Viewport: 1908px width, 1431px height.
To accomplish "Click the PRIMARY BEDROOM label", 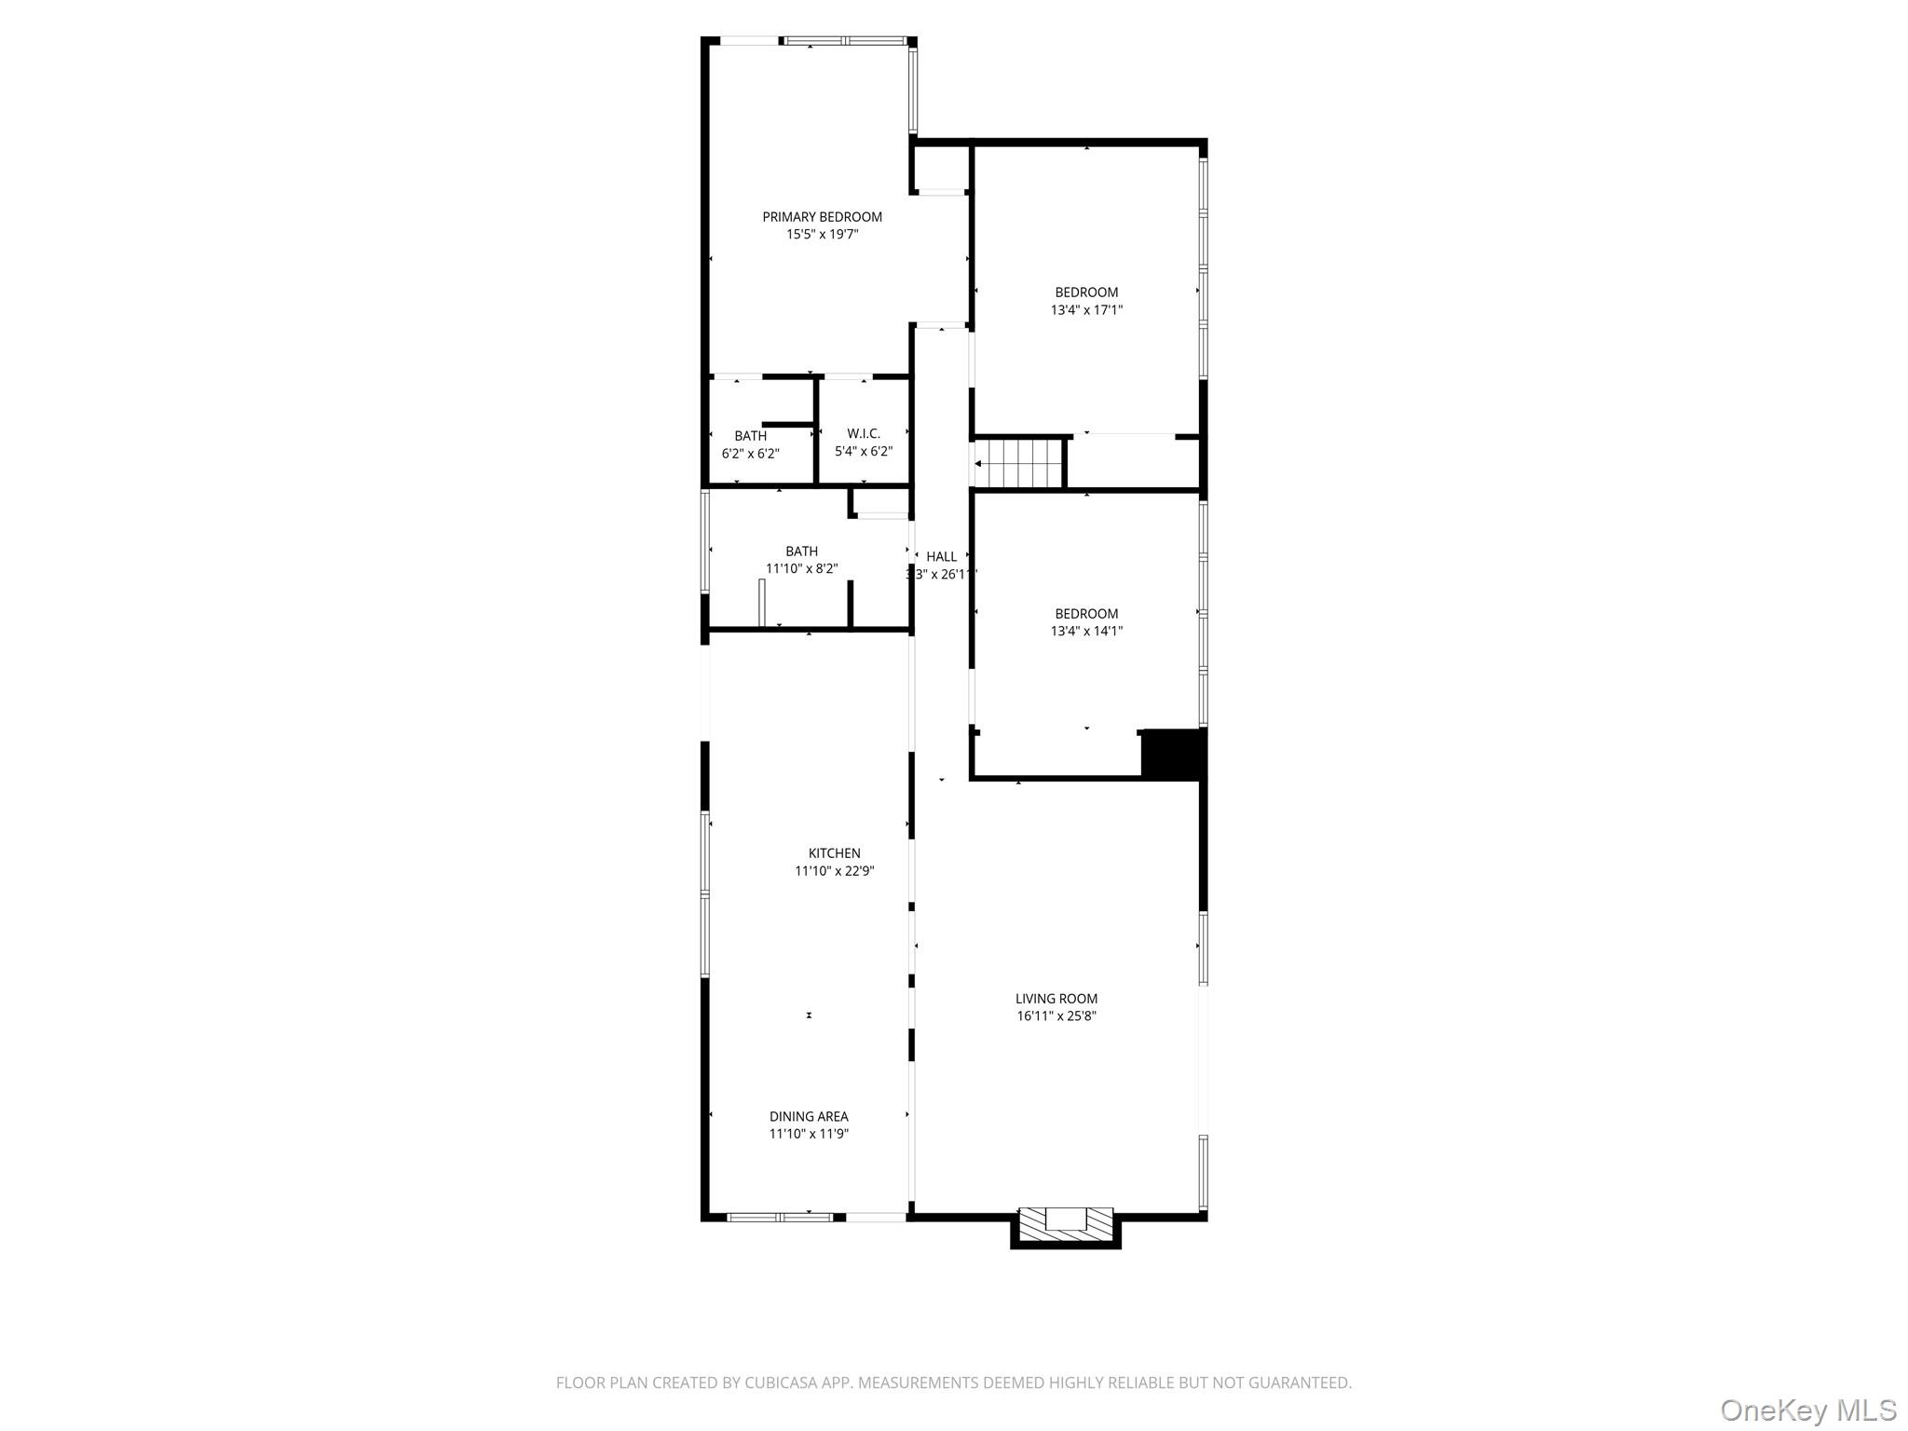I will click(x=822, y=217).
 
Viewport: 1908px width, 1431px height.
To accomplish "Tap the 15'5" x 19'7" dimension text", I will click(x=822, y=235).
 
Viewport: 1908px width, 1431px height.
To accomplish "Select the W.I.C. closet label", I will click(x=863, y=434).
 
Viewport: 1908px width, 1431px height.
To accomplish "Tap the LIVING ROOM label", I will click(x=1056, y=999).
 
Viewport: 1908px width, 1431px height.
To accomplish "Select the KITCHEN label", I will click(x=834, y=853).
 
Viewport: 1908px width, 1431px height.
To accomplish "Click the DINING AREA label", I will click(x=809, y=1117).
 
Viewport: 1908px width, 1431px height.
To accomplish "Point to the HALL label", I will click(x=941, y=557).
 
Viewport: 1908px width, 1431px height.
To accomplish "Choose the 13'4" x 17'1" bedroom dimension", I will click(x=1086, y=310).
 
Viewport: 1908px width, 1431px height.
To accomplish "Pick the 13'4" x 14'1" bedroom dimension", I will click(x=1086, y=632).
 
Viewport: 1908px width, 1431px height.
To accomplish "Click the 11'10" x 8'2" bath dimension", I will click(x=801, y=569).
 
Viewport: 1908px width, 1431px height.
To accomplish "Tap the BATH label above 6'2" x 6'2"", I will click(x=750, y=436).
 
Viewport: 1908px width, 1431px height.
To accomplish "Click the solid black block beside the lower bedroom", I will click(x=1174, y=753).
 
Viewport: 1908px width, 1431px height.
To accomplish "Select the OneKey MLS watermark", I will click(x=1807, y=1409).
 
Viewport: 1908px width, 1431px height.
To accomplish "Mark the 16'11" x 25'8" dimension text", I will click(x=1056, y=1016).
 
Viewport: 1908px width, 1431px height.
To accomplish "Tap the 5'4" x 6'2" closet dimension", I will click(x=863, y=452).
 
